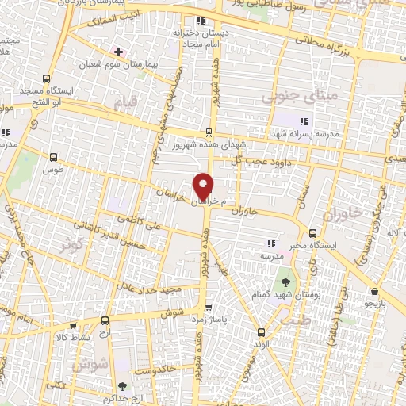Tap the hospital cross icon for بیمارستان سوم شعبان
click(119, 51)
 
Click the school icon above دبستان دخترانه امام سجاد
click(201, 21)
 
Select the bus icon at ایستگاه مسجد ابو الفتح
click(46, 79)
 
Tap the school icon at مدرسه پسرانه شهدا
click(302, 121)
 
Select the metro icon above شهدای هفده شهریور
click(209, 132)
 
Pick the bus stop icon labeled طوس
click(53, 157)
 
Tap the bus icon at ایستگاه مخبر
click(313, 233)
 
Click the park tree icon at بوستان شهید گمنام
click(284, 282)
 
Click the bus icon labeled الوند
click(261, 332)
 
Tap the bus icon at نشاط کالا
click(73, 325)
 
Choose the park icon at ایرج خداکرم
click(120, 385)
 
